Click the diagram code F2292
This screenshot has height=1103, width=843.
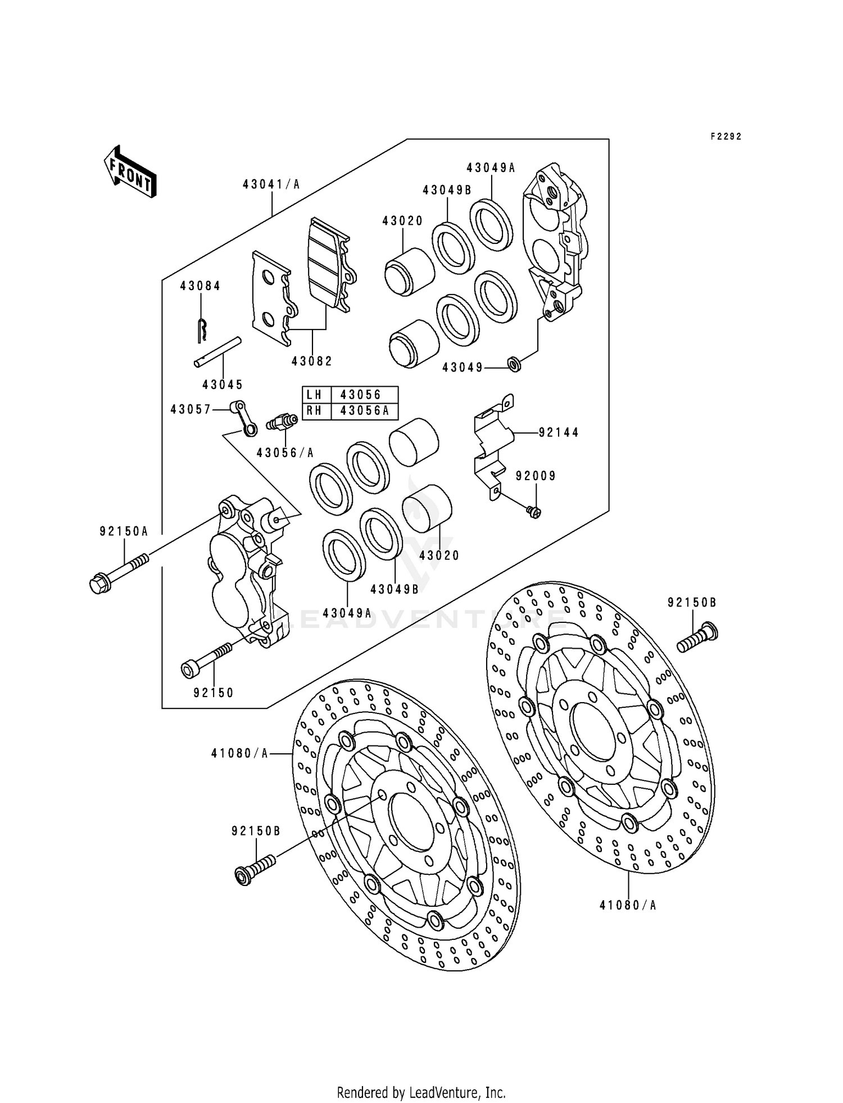tap(726, 137)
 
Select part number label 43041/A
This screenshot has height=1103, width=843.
tap(271, 184)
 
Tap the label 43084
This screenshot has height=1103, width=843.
tap(200, 286)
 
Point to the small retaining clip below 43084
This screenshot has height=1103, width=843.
tap(202, 330)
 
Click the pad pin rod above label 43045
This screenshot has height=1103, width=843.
tap(218, 352)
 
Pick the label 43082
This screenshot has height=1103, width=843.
tap(312, 361)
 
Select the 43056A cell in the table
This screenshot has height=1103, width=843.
tap(364, 411)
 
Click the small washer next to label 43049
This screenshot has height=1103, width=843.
tap(514, 364)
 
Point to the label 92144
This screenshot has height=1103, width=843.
tap(559, 432)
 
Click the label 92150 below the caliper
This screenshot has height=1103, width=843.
tap(214, 693)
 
